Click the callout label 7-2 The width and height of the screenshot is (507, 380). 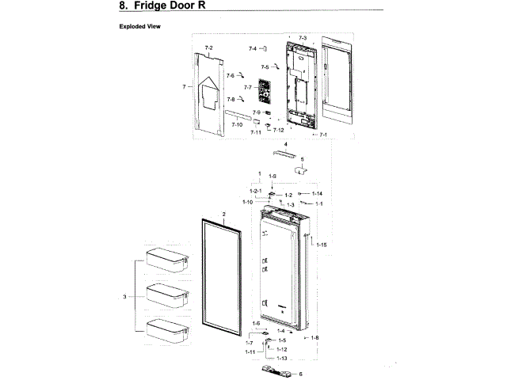point(209,48)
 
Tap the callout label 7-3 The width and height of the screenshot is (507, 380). point(302,37)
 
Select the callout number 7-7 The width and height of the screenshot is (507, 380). point(247,86)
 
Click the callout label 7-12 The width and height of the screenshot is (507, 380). point(278,130)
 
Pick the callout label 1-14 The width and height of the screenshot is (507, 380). point(316,194)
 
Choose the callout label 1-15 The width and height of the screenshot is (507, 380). point(321,245)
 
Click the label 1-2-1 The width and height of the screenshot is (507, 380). point(256,192)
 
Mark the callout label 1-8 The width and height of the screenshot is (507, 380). point(314,338)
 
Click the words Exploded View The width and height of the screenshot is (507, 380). point(139,26)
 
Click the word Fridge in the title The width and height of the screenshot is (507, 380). point(166,6)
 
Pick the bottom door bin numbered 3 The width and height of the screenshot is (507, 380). point(167,329)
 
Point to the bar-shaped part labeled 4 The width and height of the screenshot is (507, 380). point(279,153)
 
